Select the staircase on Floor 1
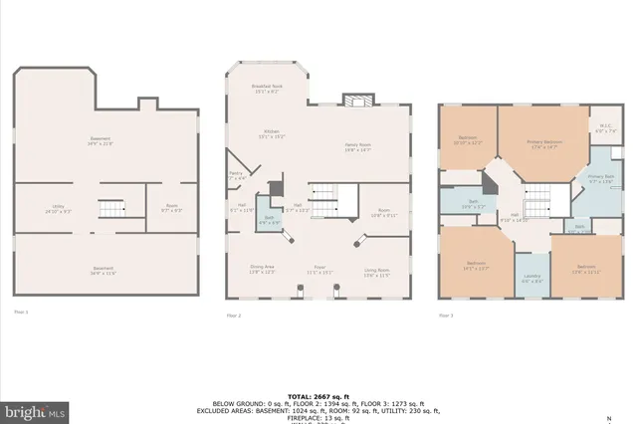pos(110,209)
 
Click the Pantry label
pos(237,175)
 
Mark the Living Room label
pos(376,269)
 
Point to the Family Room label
pos(357,146)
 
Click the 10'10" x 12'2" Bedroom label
pos(468,140)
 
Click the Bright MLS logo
pos(35,409)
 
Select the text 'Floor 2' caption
pos(234,315)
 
